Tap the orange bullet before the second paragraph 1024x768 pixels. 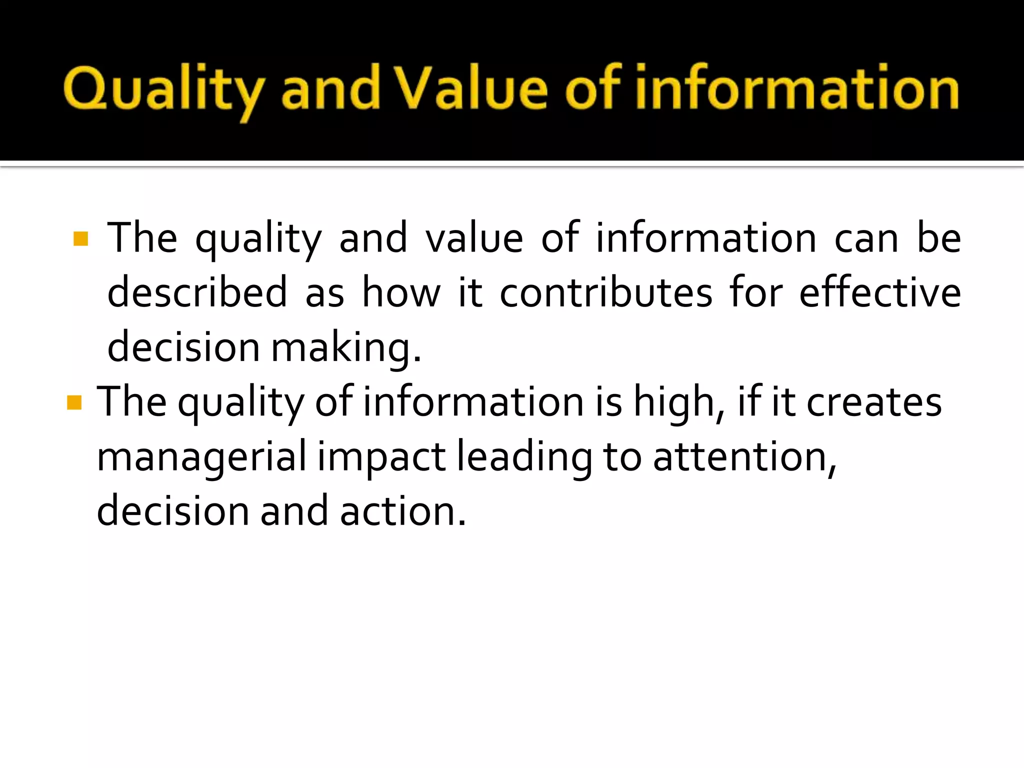pyautogui.click(x=74, y=402)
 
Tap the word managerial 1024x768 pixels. pyautogui.click(x=201, y=456)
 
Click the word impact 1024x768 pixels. pyautogui.click(x=381, y=456)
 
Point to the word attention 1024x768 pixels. pyautogui.click(x=744, y=456)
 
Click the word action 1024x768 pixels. pyautogui.click(x=402, y=511)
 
